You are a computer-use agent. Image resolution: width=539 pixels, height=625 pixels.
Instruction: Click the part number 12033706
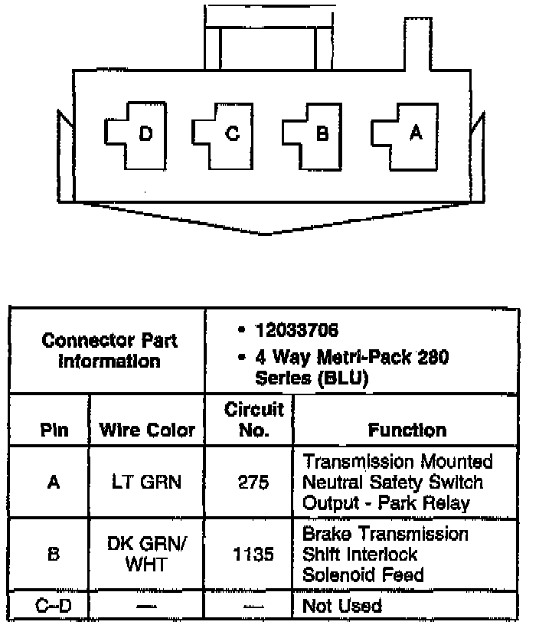point(297,331)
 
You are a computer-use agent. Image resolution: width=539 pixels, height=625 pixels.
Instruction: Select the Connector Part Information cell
point(109,350)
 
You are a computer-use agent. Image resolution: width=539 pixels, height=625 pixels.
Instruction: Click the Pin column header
point(53,430)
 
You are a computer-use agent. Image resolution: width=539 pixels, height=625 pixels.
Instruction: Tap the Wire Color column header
point(147,430)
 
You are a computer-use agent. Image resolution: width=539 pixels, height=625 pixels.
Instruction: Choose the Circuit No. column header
point(253,420)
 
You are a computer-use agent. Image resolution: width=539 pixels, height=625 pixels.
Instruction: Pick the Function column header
point(407,430)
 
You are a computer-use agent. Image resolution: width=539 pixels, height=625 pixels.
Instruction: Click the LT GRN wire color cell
point(147,483)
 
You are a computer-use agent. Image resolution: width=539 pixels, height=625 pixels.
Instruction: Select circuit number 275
point(253,483)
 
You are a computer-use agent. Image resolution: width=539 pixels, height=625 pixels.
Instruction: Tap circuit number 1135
point(253,554)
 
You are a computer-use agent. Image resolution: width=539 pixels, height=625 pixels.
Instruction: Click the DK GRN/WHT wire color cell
point(147,553)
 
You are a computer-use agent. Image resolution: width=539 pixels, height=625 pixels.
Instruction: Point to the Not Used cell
point(342,606)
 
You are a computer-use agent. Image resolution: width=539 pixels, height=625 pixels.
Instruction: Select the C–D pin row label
point(53,606)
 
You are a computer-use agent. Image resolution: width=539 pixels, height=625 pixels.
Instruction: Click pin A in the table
point(53,483)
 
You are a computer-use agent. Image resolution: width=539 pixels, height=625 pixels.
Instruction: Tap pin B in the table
point(53,554)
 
